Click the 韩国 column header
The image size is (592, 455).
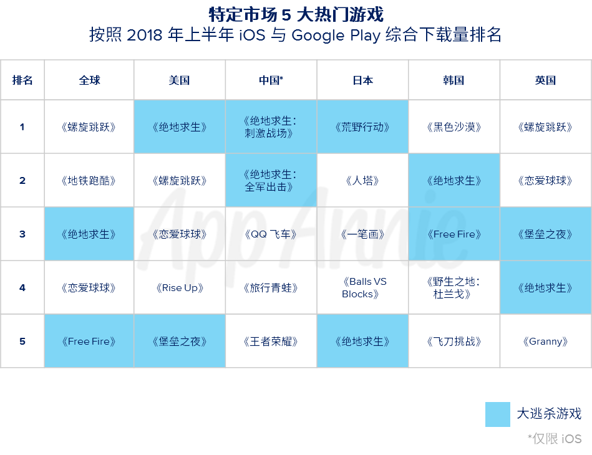[454, 80]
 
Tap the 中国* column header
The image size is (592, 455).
[271, 80]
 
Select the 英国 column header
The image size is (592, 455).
[546, 80]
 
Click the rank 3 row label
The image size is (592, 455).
[22, 234]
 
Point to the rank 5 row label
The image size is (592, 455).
[22, 341]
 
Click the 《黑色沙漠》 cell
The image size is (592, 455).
[454, 127]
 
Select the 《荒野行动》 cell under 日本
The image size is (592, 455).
[362, 127]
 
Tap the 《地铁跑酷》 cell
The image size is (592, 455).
[89, 180]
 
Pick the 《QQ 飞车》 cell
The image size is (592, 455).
[271, 234]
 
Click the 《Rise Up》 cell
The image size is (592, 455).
[179, 287]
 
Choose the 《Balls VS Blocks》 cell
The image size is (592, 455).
[362, 287]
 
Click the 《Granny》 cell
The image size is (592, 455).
[546, 341]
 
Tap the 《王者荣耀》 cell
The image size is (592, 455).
[271, 341]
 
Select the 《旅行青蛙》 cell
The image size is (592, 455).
[271, 287]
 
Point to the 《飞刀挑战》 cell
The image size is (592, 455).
[454, 341]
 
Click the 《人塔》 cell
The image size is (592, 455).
[362, 180]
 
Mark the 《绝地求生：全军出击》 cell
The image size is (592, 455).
[271, 180]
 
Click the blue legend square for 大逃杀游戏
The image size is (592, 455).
[498, 414]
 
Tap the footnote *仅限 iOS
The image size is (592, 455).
[555, 439]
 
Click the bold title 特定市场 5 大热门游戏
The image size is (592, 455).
[296, 15]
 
